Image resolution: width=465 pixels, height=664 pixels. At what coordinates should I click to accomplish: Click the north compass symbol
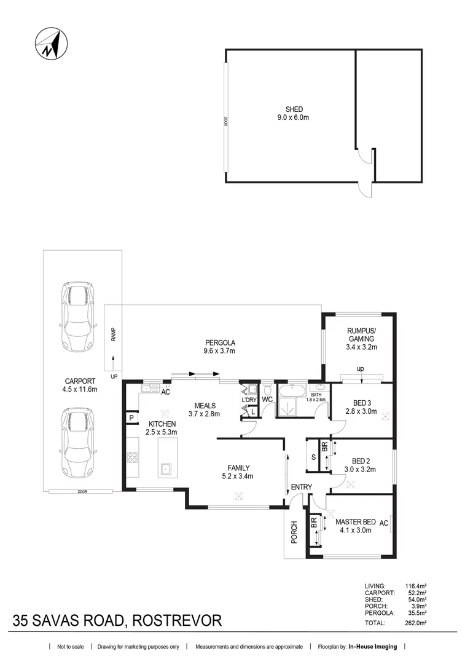(x=51, y=44)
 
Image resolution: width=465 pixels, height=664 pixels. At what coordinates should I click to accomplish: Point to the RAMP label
(x=114, y=334)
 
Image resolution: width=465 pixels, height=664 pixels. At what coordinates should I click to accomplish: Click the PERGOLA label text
(x=220, y=342)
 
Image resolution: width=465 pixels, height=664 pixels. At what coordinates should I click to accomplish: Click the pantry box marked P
(x=131, y=418)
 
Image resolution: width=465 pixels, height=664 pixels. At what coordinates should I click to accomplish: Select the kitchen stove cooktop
(x=132, y=457)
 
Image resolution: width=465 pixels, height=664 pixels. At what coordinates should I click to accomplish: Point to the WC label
(x=267, y=400)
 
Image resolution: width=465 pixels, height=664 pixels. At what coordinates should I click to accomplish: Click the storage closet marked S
(x=313, y=457)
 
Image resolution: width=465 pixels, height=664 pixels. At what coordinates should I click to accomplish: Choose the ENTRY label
(x=302, y=488)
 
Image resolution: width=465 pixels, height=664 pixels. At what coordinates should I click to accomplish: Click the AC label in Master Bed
(x=384, y=523)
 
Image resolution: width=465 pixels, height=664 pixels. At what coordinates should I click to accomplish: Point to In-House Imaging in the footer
(x=372, y=647)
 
